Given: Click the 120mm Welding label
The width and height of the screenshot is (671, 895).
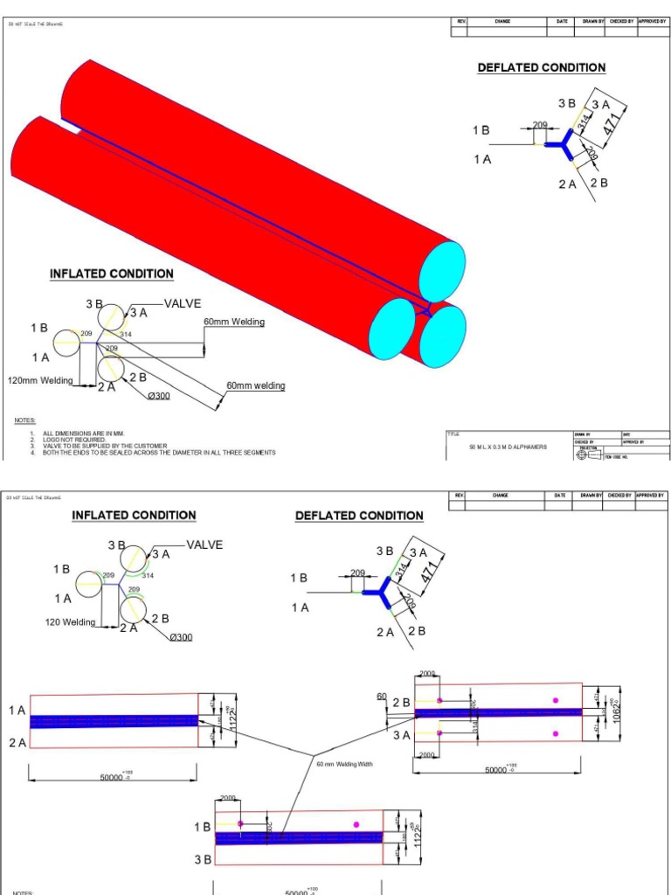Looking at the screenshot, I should pyautogui.click(x=40, y=380).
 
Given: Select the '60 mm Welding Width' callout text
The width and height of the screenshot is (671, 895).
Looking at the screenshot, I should pyautogui.click(x=344, y=764).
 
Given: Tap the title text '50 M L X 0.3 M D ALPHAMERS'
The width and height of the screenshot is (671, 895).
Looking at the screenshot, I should pyautogui.click(x=508, y=447).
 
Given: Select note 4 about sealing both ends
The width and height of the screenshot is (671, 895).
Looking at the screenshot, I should pyautogui.click(x=158, y=453).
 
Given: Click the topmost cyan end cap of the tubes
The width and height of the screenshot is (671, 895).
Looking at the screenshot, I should pyautogui.click(x=442, y=272).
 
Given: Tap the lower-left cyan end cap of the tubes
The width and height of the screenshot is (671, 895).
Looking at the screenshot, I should pyautogui.click(x=391, y=328).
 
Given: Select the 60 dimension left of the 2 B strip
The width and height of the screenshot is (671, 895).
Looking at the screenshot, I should pyautogui.click(x=381, y=697).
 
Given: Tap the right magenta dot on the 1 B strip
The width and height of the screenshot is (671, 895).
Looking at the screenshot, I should pyautogui.click(x=356, y=823).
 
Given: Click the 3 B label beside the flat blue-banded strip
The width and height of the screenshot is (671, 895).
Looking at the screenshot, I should pyautogui.click(x=202, y=859).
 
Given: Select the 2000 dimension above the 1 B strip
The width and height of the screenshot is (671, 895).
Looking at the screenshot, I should pyautogui.click(x=228, y=798).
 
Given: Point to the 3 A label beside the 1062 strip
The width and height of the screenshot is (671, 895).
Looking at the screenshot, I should pyautogui.click(x=401, y=735).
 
